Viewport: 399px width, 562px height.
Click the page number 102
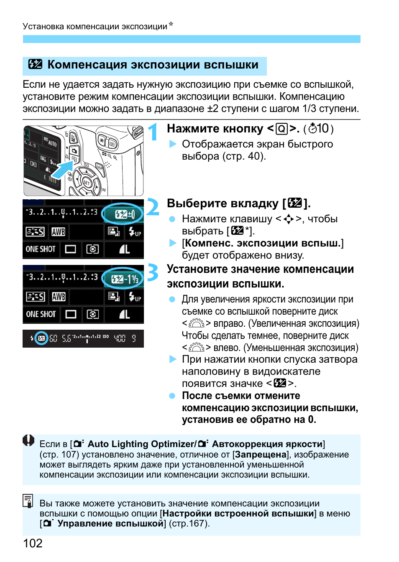pyautogui.click(x=33, y=543)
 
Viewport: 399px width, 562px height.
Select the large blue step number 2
pyautogui.click(x=153, y=207)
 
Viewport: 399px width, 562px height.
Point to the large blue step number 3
pyautogui.click(x=153, y=272)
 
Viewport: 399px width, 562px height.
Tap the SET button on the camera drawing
pyautogui.click(x=87, y=183)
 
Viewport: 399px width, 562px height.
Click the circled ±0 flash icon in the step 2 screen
pyautogui.click(x=123, y=214)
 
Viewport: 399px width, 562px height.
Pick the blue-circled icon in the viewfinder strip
pyautogui.click(x=41, y=338)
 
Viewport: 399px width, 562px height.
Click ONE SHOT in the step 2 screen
pyautogui.click(x=41, y=249)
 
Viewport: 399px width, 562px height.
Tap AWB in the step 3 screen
pyautogui.click(x=59, y=297)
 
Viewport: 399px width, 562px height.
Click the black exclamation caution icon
pyautogui.click(x=28, y=440)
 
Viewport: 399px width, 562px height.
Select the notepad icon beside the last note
pyautogui.click(x=28, y=501)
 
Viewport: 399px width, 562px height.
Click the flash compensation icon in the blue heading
pyautogui.click(x=35, y=64)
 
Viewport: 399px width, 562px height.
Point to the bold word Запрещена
pyautogui.click(x=260, y=455)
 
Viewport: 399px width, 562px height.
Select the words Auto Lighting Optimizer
pyautogui.click(x=142, y=444)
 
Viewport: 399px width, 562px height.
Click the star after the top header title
pyautogui.click(x=171, y=24)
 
